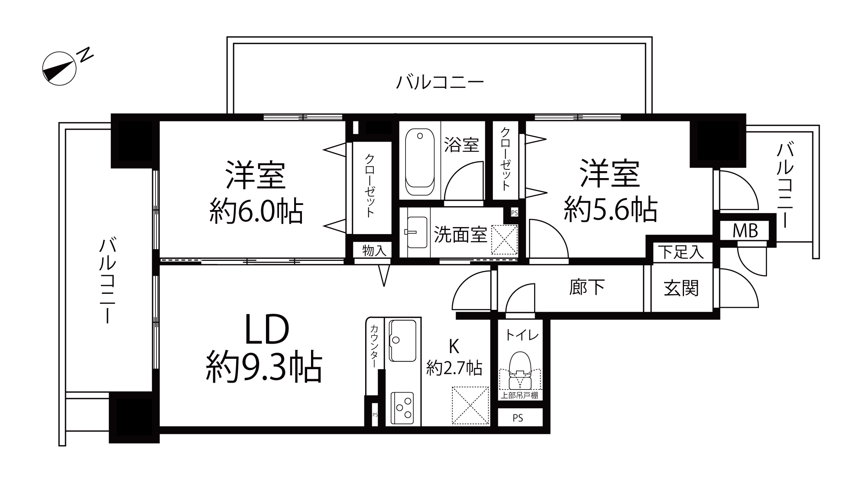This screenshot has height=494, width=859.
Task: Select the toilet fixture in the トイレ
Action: [520, 370]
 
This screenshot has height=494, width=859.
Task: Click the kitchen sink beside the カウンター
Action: [403, 341]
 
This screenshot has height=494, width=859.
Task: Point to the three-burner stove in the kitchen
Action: [402, 408]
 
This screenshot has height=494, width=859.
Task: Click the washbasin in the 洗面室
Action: [416, 232]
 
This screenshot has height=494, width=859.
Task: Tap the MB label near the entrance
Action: [745, 231]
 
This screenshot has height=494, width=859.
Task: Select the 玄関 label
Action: [681, 288]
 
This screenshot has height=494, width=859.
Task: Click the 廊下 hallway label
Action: [587, 287]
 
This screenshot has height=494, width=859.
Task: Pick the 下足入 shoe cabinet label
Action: [681, 252]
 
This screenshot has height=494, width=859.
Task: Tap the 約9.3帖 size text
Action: [264, 367]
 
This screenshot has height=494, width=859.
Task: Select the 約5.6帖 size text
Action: [610, 210]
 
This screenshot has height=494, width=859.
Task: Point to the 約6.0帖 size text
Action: [256, 211]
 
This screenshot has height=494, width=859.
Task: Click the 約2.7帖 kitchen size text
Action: [454, 368]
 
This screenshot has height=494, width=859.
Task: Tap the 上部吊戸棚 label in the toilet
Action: [519, 396]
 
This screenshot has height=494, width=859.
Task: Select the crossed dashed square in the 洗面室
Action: [504, 240]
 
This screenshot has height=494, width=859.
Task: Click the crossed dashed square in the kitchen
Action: [470, 406]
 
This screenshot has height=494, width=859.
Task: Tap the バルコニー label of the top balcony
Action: [440, 82]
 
